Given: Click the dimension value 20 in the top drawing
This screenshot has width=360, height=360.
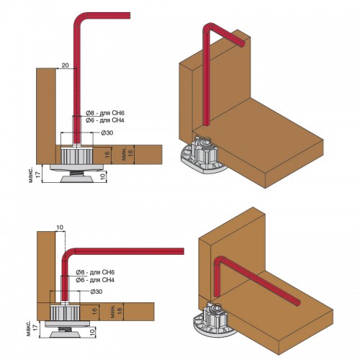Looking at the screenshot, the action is (65, 65).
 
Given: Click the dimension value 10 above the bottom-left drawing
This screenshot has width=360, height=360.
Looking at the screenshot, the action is (60, 228).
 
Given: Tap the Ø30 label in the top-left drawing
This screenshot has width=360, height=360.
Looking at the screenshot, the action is (107, 132).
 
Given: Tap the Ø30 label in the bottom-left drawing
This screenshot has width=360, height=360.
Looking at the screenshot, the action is (96, 292).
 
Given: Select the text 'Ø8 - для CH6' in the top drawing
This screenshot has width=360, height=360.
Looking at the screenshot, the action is (105, 113).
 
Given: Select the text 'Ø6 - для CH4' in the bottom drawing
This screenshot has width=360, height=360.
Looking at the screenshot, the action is (95, 280).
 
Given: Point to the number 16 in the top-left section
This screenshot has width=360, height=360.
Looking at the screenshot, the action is (107, 155).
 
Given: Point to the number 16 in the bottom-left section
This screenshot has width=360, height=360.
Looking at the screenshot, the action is (94, 311).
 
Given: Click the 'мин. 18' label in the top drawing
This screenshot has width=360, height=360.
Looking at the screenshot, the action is (127, 154).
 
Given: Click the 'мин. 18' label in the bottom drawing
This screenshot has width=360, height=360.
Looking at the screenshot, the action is (117, 312).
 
